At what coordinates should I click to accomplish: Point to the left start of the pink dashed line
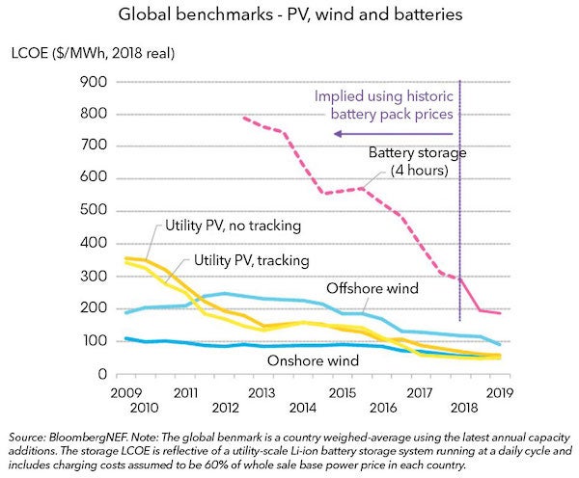[x=243, y=118]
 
